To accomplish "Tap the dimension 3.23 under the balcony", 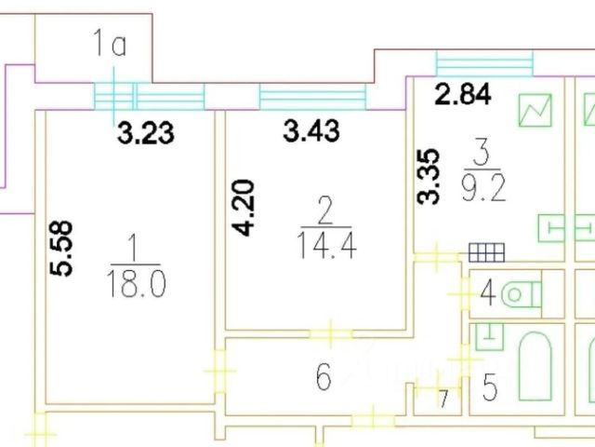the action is pyautogui.click(x=144, y=133).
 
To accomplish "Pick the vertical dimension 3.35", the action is pyautogui.click(x=429, y=177).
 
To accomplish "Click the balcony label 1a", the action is pyautogui.click(x=110, y=44).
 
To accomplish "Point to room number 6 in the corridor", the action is pyautogui.click(x=324, y=378).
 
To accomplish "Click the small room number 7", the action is pyautogui.click(x=444, y=400).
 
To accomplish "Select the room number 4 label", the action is pyautogui.click(x=486, y=297).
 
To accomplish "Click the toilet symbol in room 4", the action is pyautogui.click(x=521, y=295).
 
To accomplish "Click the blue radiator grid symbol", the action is pyautogui.click(x=486, y=251).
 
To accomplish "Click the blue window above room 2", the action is pyautogui.click(x=312, y=96).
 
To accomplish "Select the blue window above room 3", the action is pyautogui.click(x=484, y=63).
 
